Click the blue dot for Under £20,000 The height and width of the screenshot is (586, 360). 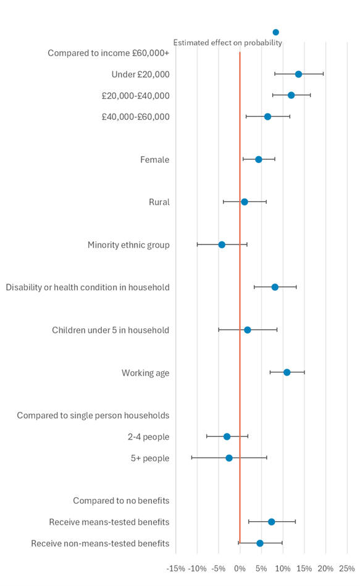pyautogui.click(x=298, y=74)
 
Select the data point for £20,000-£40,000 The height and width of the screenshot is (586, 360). pyautogui.click(x=291, y=95)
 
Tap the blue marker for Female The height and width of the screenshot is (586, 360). pyautogui.click(x=259, y=159)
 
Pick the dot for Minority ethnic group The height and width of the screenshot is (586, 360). pyautogui.click(x=222, y=245)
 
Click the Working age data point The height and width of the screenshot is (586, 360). pyautogui.click(x=287, y=372)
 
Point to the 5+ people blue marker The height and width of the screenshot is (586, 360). pyautogui.click(x=229, y=458)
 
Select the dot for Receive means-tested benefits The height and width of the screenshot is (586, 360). pyautogui.click(x=271, y=522)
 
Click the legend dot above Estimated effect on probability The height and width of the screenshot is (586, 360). pyautogui.click(x=275, y=32)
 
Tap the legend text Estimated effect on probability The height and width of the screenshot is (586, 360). pyautogui.click(x=227, y=43)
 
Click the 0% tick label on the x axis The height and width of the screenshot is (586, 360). pyautogui.click(x=240, y=568)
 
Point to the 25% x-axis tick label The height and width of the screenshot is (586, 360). pyautogui.click(x=346, y=568)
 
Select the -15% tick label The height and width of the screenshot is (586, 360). pyautogui.click(x=176, y=568)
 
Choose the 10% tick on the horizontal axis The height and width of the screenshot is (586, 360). pyautogui.click(x=282, y=568)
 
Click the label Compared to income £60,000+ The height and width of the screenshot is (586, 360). pyautogui.click(x=108, y=53)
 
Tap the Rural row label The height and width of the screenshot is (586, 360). pyautogui.click(x=159, y=202)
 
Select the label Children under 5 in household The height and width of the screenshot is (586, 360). pyautogui.click(x=110, y=330)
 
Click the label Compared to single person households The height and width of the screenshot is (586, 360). pyautogui.click(x=93, y=415)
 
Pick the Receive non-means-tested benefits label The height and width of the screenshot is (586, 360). pyautogui.click(x=100, y=543)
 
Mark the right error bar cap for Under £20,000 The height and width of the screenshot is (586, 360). pyautogui.click(x=323, y=74)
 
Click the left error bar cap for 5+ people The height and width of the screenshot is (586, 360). pyautogui.click(x=192, y=458)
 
